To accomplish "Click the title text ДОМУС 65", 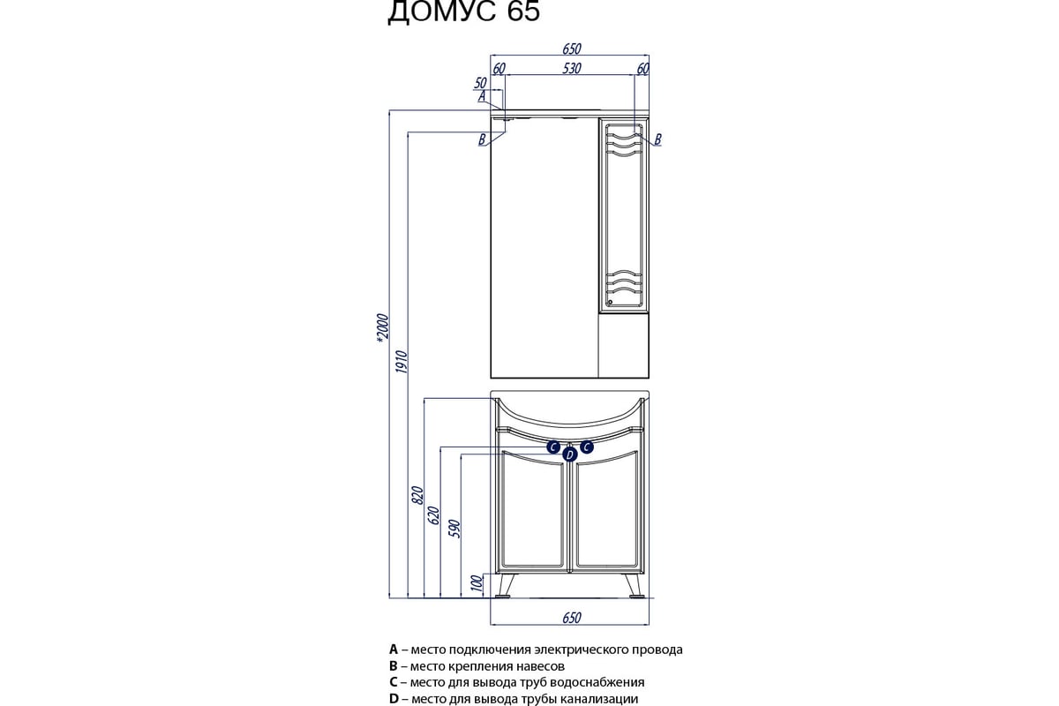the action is tap(463, 11).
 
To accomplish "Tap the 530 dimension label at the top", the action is tap(572, 69).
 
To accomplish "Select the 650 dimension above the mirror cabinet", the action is tap(572, 49).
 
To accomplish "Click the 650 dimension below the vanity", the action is tap(572, 618).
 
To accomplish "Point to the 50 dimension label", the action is tap(480, 83).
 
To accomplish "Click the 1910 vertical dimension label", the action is tap(402, 362).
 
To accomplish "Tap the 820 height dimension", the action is tap(418, 495).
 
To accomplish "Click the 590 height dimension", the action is tap(454, 529).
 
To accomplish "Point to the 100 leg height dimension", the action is tap(478, 582).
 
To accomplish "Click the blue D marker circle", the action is tap(570, 454).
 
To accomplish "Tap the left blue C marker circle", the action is tap(553, 447).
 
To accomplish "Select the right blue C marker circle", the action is tap(587, 447).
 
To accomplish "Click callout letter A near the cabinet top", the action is tap(482, 96).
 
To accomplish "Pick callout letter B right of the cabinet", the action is tap(657, 139).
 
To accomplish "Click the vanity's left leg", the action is tap(504, 585).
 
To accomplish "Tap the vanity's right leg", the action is tap(634, 585).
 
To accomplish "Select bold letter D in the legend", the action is tap(394, 698).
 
